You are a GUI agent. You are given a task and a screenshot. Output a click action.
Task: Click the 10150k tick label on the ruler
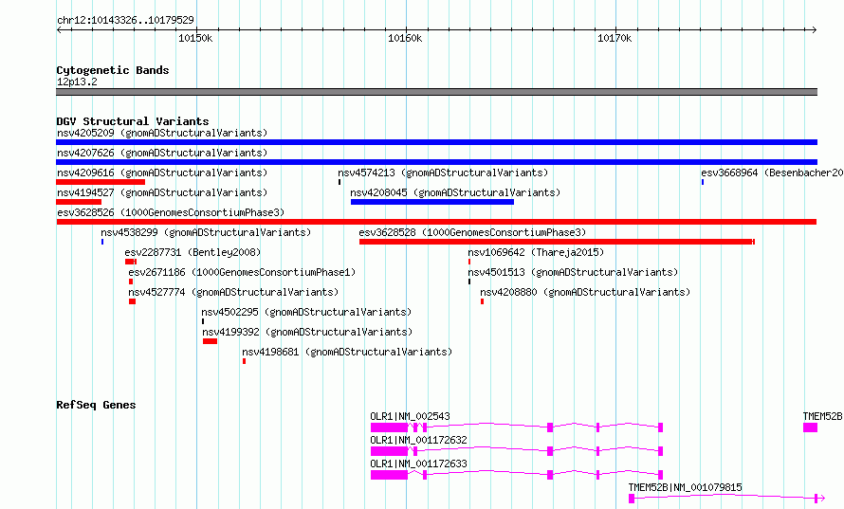pyautogui.click(x=195, y=38)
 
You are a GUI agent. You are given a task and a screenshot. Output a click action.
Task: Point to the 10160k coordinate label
pyautogui.click(x=405, y=38)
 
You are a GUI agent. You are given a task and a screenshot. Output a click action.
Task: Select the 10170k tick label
pyautogui.click(x=615, y=38)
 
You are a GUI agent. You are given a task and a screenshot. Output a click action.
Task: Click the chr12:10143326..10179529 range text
pyautogui.click(x=125, y=21)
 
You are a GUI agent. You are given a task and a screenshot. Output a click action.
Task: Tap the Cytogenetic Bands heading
pyautogui.click(x=113, y=70)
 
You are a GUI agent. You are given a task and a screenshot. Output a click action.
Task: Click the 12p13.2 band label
pyautogui.click(x=77, y=82)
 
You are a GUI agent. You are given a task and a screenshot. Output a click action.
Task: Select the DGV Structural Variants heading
pyautogui.click(x=133, y=121)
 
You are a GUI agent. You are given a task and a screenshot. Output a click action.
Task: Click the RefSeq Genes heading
pyautogui.click(x=96, y=405)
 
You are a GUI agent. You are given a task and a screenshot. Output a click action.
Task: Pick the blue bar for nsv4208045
pyautogui.click(x=432, y=202)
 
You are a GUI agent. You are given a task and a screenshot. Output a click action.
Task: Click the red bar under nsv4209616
pyautogui.click(x=101, y=182)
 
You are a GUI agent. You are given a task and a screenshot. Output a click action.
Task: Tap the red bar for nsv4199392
pyautogui.click(x=210, y=341)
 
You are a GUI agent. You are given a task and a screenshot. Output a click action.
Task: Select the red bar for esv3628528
pyautogui.click(x=557, y=242)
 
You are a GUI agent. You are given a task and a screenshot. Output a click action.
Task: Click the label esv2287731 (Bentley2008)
pyautogui.click(x=193, y=252)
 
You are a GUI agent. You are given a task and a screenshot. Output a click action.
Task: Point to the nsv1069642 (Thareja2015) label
pyautogui.click(x=536, y=252)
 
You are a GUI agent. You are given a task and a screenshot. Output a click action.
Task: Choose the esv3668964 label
pyautogui.click(x=729, y=173)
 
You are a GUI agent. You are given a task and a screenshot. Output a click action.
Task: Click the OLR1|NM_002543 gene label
pyautogui.click(x=411, y=416)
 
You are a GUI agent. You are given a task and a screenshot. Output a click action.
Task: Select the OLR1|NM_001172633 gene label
pyautogui.click(x=419, y=464)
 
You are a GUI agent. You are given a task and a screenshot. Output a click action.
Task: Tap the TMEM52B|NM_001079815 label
pyautogui.click(x=686, y=487)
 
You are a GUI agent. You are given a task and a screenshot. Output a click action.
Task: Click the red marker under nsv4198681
pyautogui.click(x=244, y=361)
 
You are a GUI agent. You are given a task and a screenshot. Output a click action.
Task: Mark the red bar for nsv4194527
pyautogui.click(x=79, y=202)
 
